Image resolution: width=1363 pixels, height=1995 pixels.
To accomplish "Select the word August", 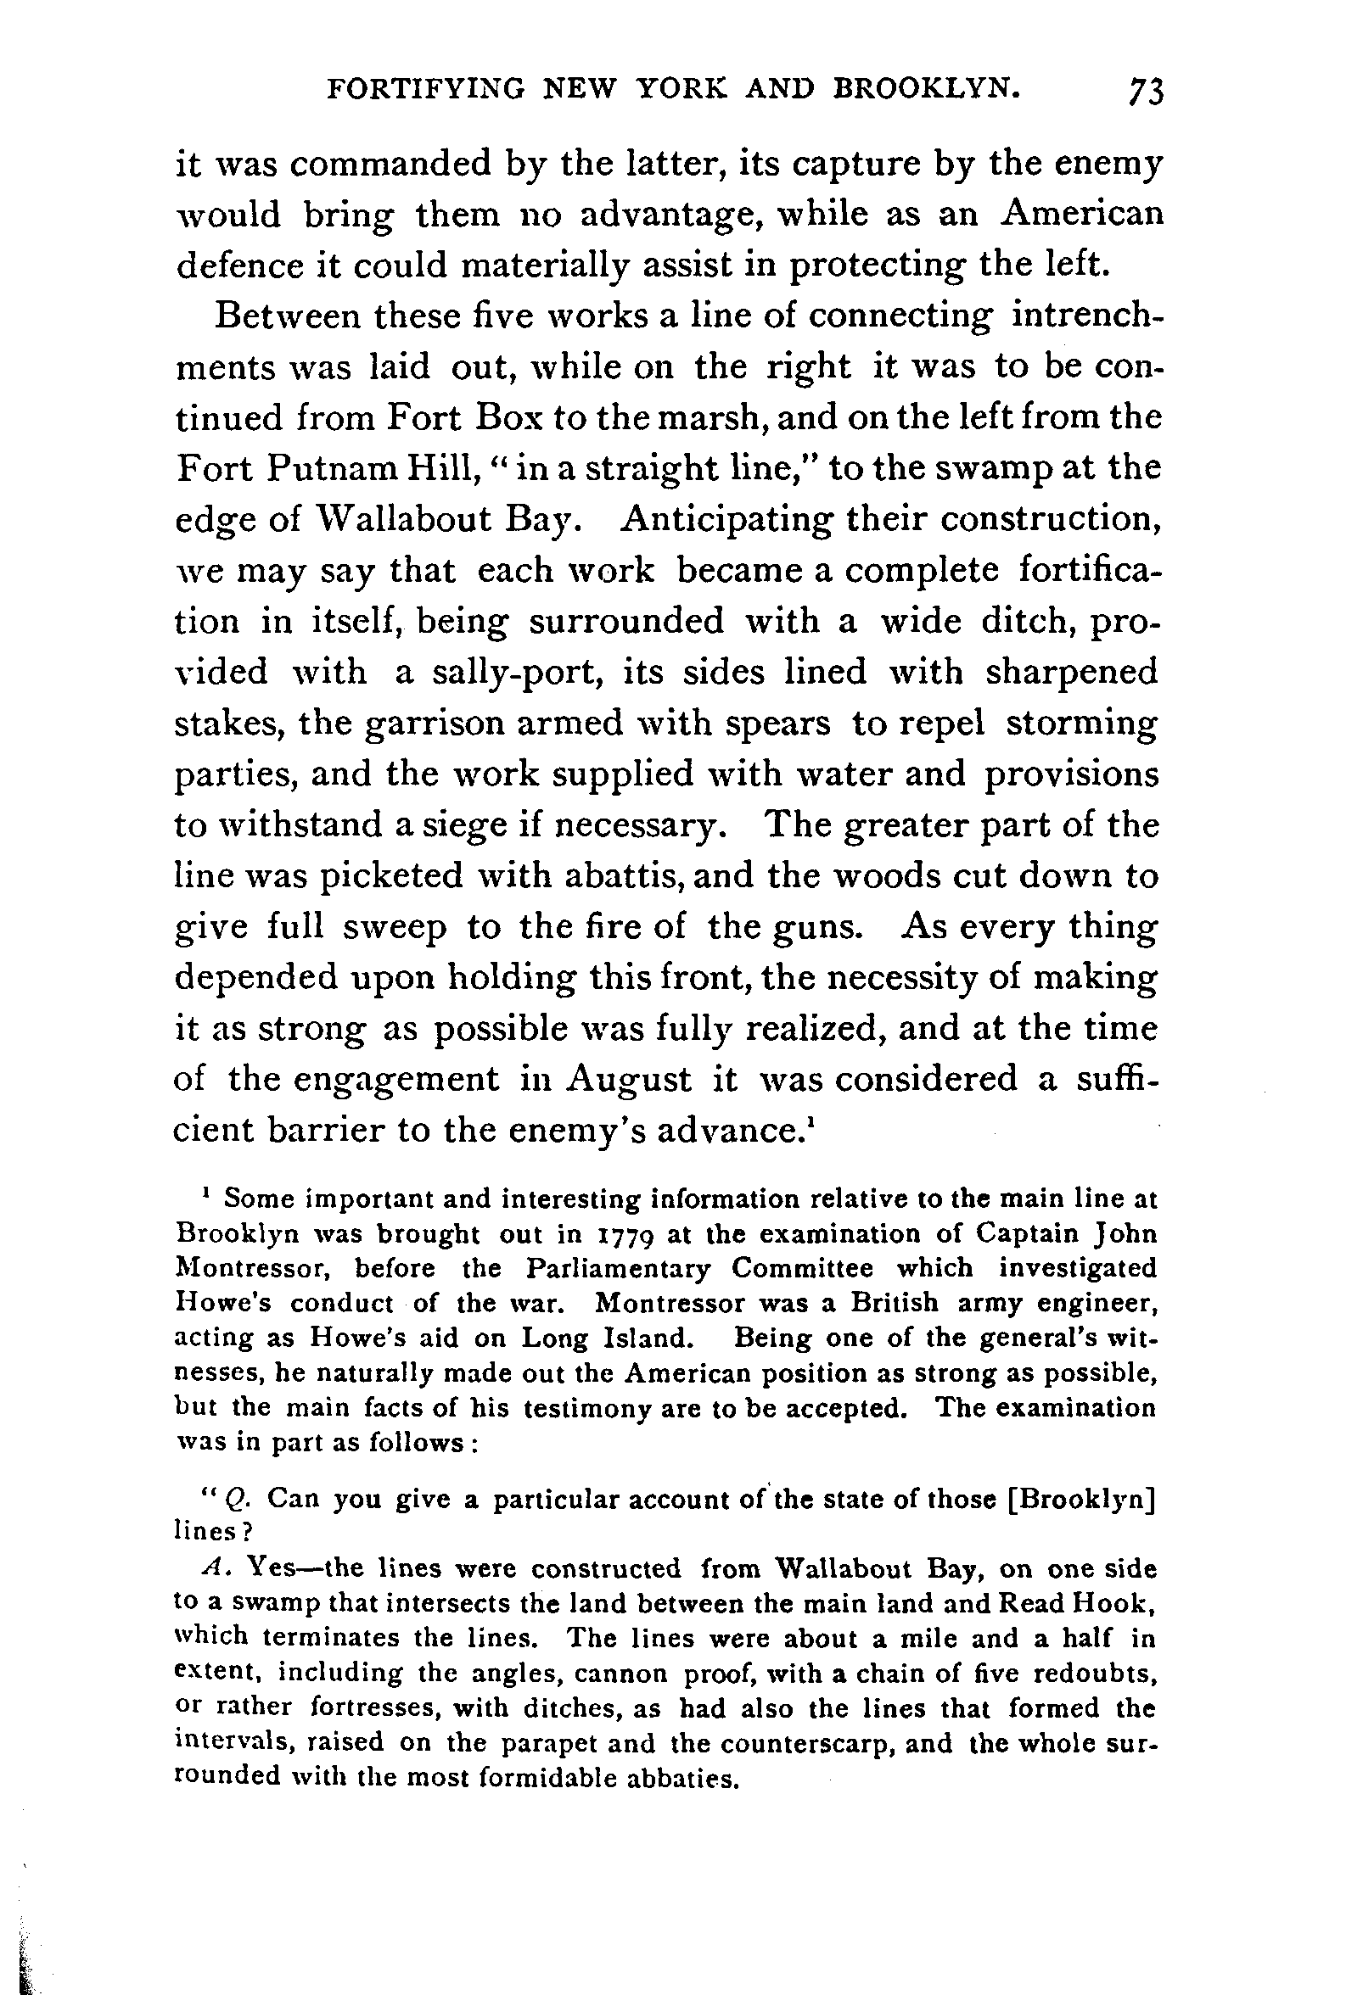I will coord(629,1078).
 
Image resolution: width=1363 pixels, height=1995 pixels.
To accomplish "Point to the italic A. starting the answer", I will coord(214,1568).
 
